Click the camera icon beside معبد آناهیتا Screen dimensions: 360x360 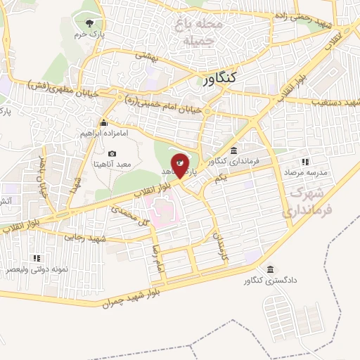click(x=112, y=153)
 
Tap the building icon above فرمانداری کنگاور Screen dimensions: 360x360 click(x=233, y=150)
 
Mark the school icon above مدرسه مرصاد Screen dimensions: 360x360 click(x=325, y=162)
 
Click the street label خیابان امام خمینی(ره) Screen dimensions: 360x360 click(x=162, y=105)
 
